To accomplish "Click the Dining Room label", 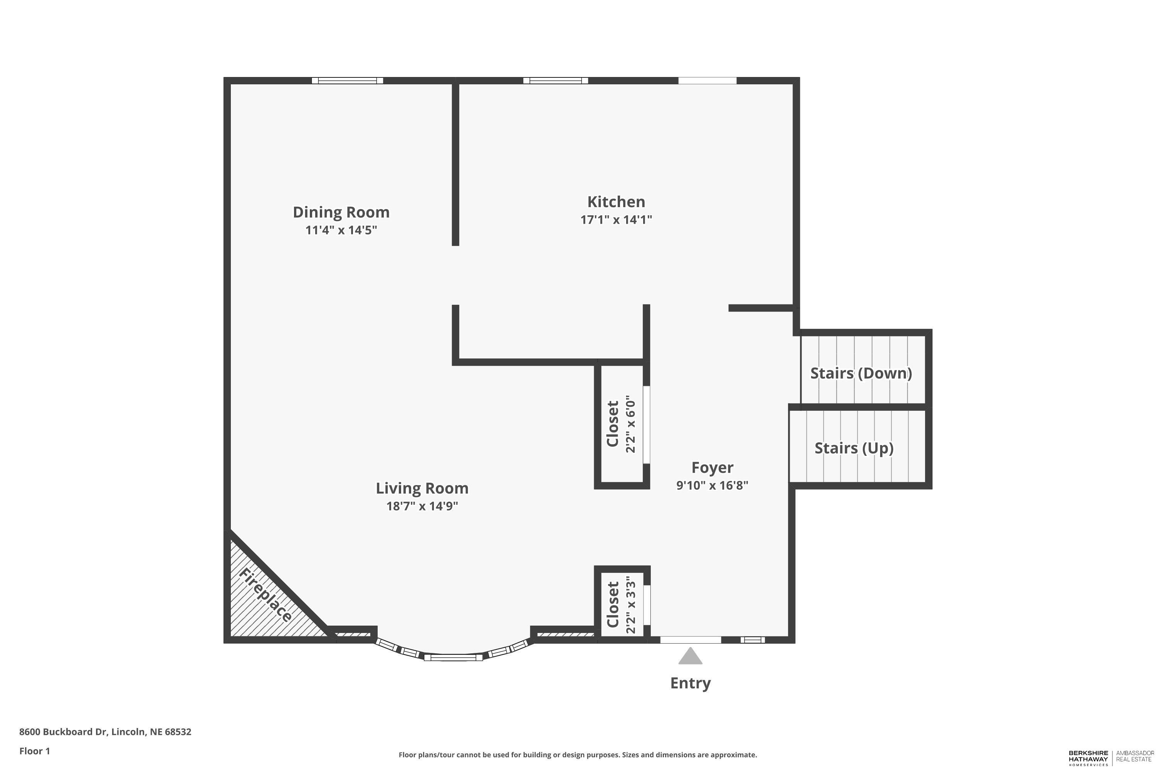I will pyautogui.click(x=341, y=212).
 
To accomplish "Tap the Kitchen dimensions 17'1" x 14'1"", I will pyautogui.click(x=616, y=219).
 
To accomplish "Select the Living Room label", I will pyautogui.click(x=422, y=488).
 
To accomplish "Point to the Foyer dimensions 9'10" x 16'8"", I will pyautogui.click(x=712, y=485).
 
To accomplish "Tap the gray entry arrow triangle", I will pyautogui.click(x=690, y=656).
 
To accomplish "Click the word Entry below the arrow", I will pyautogui.click(x=690, y=683).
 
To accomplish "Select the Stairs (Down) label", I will pyautogui.click(x=860, y=373).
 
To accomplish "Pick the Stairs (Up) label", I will pyautogui.click(x=854, y=448).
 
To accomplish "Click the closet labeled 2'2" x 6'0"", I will pyautogui.click(x=621, y=425).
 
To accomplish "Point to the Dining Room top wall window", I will pyautogui.click(x=347, y=80).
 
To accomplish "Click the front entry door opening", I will pyautogui.click(x=690, y=640).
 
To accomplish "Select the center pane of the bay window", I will pyautogui.click(x=453, y=657).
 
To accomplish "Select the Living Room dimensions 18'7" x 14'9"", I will pyautogui.click(x=422, y=506).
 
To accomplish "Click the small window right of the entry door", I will pyautogui.click(x=753, y=640).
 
